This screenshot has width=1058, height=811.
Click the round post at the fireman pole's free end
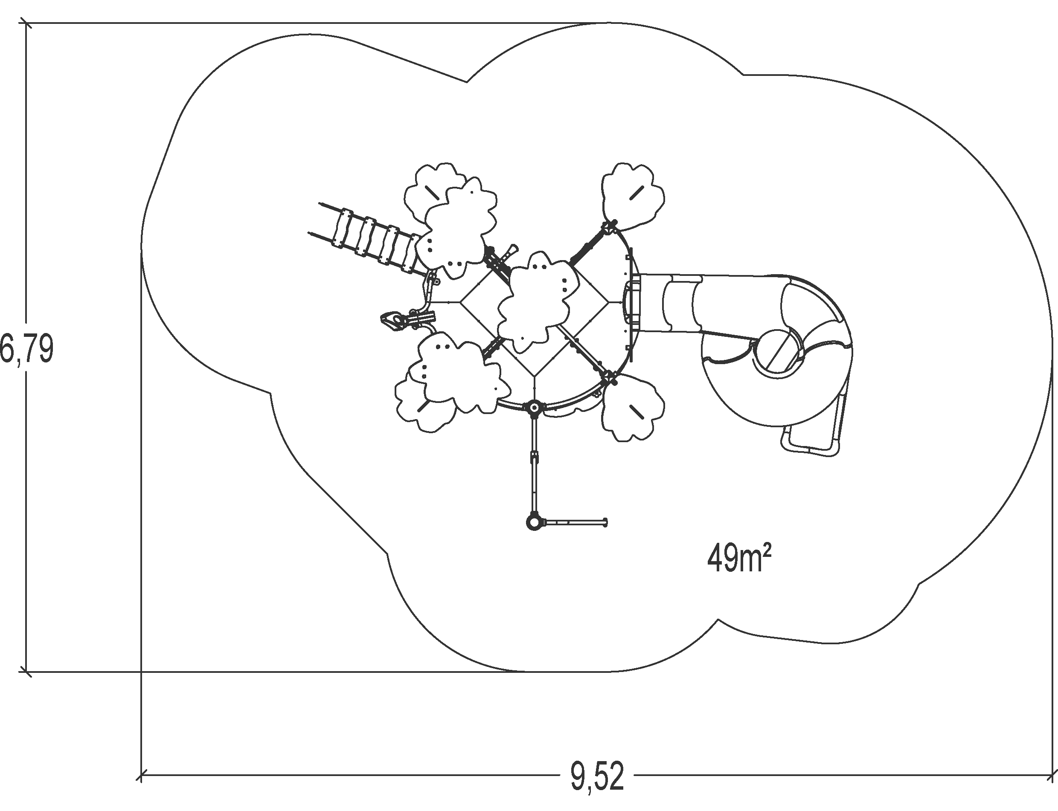coord(534,522)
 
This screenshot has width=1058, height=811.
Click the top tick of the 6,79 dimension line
coord(26,23)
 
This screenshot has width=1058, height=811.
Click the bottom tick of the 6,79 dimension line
coord(26,671)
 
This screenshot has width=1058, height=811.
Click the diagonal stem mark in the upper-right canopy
coord(636,192)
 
